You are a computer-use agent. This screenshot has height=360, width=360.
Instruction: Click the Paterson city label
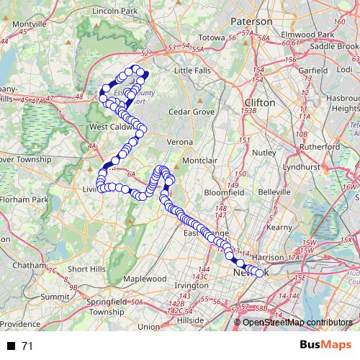(251, 22)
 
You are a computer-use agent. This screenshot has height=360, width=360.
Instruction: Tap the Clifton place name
(260, 103)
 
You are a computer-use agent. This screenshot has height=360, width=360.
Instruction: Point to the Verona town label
(179, 143)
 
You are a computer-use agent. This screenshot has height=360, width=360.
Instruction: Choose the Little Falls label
(194, 71)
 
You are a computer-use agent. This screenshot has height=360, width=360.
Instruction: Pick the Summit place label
(54, 296)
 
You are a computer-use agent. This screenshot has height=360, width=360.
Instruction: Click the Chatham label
(30, 265)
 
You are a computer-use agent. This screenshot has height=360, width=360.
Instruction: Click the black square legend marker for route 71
(12, 346)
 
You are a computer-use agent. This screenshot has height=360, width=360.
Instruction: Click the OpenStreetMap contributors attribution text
(297, 322)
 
